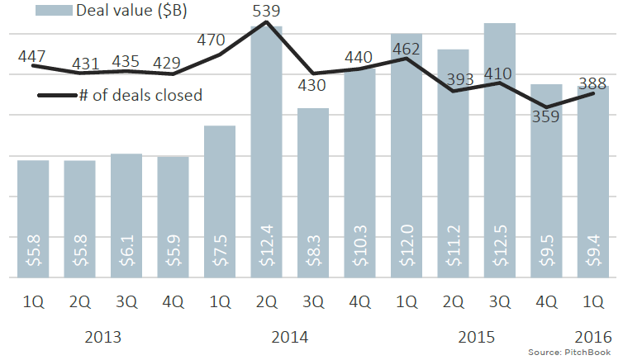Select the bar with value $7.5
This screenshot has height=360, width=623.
click(x=220, y=202)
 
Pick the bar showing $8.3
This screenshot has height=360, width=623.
click(x=313, y=194)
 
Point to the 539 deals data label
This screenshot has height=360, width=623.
click(x=266, y=11)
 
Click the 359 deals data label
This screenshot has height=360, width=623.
click(x=545, y=116)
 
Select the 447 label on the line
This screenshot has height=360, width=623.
click(x=32, y=55)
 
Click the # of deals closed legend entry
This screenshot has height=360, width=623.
click(x=140, y=95)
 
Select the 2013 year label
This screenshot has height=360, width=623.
click(x=102, y=337)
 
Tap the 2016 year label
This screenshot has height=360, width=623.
click(x=593, y=337)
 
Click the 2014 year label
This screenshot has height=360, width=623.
click(x=289, y=337)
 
